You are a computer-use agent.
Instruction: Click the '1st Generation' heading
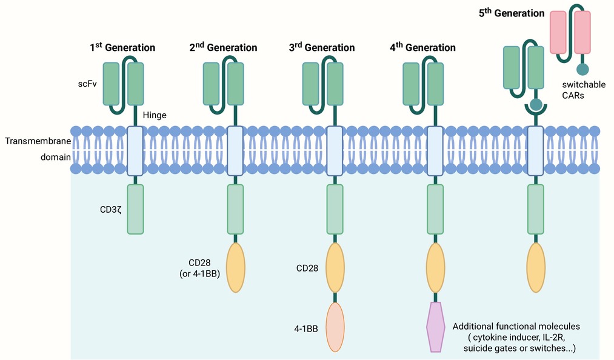[122, 47]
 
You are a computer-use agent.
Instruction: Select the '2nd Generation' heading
[223, 47]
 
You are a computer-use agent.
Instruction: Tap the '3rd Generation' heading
[322, 47]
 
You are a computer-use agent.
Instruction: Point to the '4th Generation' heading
[423, 47]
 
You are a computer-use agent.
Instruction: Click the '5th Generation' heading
[512, 13]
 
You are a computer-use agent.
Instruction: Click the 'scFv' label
[87, 84]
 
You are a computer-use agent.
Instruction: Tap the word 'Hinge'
[155, 115]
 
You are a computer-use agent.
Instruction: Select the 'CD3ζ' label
[111, 210]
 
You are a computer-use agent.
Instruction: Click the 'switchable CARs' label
[584, 90]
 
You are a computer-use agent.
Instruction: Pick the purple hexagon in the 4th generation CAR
[435, 327]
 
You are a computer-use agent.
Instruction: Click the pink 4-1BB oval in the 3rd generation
[336, 327]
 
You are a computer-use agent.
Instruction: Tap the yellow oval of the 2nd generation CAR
[236, 267]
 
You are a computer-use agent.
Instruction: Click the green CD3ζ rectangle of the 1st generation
[136, 209]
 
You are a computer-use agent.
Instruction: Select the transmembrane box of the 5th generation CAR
[536, 151]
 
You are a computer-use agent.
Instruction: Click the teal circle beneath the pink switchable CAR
[582, 69]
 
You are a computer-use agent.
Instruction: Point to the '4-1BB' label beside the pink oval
[306, 328]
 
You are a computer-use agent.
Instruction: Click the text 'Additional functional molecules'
[516, 326]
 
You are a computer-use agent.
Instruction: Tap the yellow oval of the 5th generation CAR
[536, 267]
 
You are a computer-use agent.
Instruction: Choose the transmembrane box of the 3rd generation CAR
[335, 151]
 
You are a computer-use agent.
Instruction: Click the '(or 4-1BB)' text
[199, 274]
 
